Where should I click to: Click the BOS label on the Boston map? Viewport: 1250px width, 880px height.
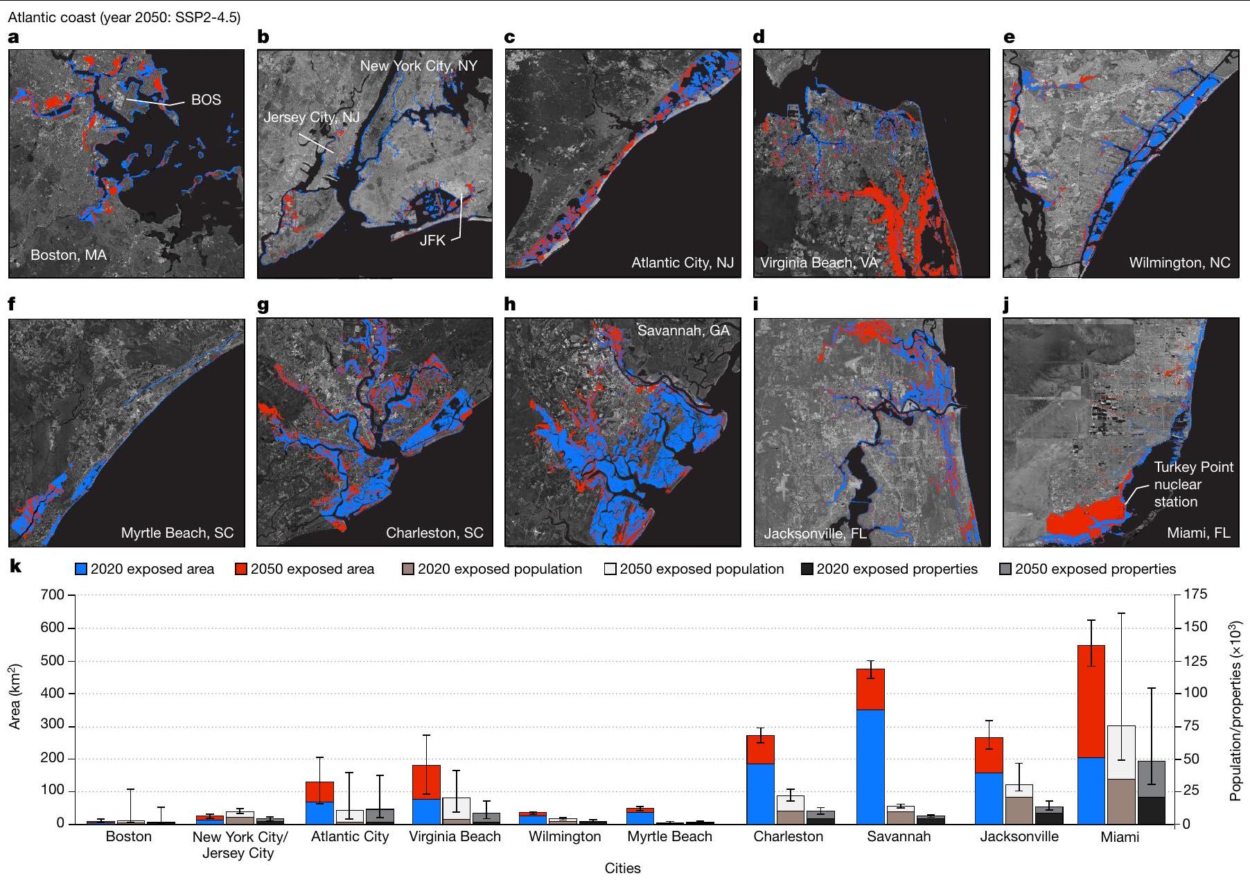(x=206, y=100)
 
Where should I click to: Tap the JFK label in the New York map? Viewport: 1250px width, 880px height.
(x=432, y=241)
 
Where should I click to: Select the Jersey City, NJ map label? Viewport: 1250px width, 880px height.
(x=311, y=117)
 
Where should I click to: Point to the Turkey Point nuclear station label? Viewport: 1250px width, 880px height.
(x=1193, y=484)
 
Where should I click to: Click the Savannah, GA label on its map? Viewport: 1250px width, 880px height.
(x=683, y=331)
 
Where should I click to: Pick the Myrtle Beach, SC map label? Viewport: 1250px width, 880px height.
(x=177, y=533)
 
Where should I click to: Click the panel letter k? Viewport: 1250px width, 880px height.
(x=15, y=567)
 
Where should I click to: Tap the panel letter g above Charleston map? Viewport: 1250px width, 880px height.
(x=263, y=305)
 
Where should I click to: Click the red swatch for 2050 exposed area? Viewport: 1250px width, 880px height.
(x=241, y=570)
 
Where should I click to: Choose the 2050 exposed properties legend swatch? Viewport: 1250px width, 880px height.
(x=1006, y=570)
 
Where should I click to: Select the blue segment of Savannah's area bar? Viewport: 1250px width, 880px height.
(x=871, y=766)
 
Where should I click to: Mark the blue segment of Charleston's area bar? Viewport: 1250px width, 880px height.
(x=760, y=793)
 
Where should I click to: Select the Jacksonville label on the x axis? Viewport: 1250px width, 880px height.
(x=1019, y=836)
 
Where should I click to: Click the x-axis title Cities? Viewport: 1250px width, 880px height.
(x=622, y=868)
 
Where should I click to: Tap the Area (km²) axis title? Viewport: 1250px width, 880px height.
(x=15, y=696)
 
